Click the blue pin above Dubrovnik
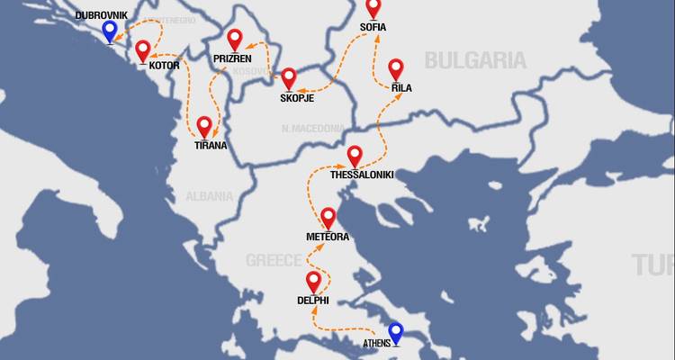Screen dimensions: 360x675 [110, 31]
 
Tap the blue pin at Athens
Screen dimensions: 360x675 [395, 333]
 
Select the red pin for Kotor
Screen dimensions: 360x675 [143, 49]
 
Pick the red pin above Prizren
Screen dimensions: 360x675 [235, 40]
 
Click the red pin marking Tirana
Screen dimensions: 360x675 [204, 126]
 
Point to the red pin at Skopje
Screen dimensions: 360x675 [289, 78]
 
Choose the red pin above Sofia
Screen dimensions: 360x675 [373, 9]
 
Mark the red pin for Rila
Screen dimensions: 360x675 [396, 68]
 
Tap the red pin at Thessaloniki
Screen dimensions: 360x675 [355, 156]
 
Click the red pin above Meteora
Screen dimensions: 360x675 [328, 217]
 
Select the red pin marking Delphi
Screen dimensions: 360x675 [313, 281]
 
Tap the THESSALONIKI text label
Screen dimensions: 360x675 [362, 175]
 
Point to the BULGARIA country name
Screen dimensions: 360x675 [475, 61]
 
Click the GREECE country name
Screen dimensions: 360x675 [274, 260]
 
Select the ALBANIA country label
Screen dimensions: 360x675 [209, 196]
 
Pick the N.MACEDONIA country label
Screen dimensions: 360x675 [313, 128]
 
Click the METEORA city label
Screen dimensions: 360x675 [328, 237]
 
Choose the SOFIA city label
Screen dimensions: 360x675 [373, 27]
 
